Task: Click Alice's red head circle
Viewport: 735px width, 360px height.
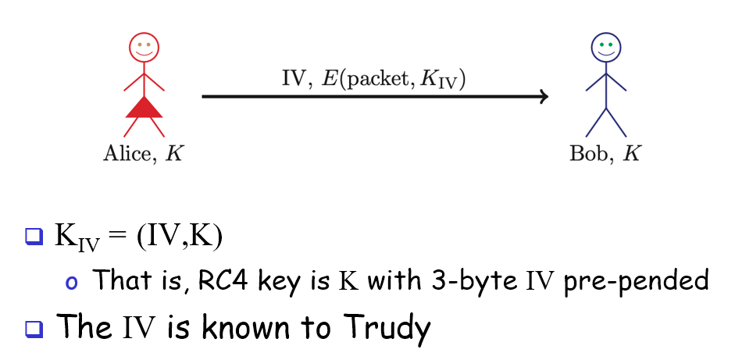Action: click(x=144, y=46)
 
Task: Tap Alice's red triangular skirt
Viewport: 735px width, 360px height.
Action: click(x=144, y=107)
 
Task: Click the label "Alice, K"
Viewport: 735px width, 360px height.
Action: click(x=143, y=153)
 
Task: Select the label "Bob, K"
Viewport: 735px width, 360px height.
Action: click(x=605, y=153)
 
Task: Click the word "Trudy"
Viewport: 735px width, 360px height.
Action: click(x=387, y=328)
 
